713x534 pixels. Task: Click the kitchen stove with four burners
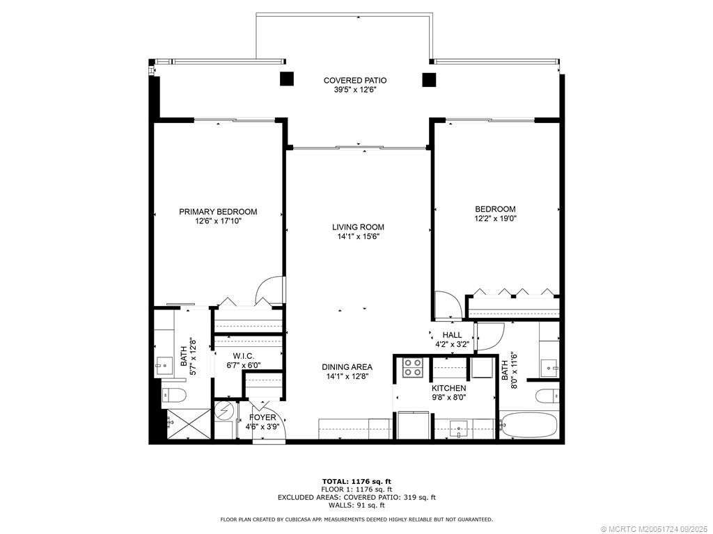pos(412,366)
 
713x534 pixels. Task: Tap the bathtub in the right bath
pos(528,426)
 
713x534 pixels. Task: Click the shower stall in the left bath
pos(187,424)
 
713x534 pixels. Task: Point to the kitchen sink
pos(459,427)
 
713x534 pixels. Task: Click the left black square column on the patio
pos(286,79)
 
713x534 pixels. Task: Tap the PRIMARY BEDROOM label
pos(218,212)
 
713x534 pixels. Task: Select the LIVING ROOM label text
pos(358,227)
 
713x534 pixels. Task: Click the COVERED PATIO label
pos(355,81)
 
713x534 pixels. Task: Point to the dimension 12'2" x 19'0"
pos(495,218)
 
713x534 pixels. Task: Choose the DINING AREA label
pos(347,367)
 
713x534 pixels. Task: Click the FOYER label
pos(263,418)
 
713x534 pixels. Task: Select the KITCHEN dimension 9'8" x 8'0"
pos(448,398)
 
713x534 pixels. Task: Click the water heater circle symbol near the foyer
pos(224,411)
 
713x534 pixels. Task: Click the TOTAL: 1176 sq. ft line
pos(356,481)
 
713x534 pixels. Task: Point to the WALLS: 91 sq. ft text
pos(356,505)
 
